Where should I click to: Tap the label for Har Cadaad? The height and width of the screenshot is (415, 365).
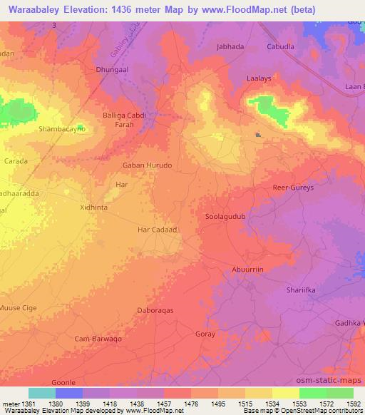156,230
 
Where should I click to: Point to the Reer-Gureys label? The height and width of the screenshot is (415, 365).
294,188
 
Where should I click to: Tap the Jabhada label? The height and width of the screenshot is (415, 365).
230,46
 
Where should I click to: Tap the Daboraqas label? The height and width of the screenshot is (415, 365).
155,311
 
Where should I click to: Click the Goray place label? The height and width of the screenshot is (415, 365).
205,334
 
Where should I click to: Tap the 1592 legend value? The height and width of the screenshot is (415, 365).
354,404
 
